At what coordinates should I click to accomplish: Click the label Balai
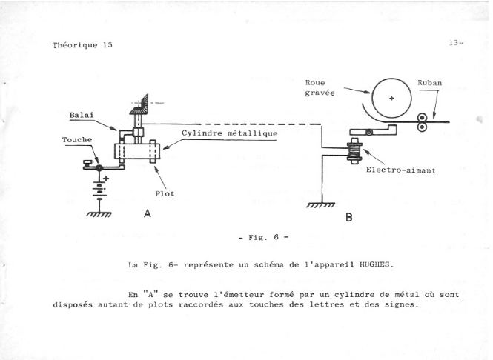[x=81, y=115]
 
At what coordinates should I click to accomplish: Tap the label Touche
[x=77, y=139]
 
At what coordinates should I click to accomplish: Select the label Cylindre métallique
[x=230, y=133]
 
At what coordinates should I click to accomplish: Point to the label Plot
[x=165, y=194]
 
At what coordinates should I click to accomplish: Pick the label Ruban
[x=430, y=83]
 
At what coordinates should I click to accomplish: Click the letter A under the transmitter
[x=147, y=213]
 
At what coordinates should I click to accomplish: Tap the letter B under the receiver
[x=348, y=219]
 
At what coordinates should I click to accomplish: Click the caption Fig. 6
[x=263, y=238]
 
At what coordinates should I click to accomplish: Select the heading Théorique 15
[x=82, y=44]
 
